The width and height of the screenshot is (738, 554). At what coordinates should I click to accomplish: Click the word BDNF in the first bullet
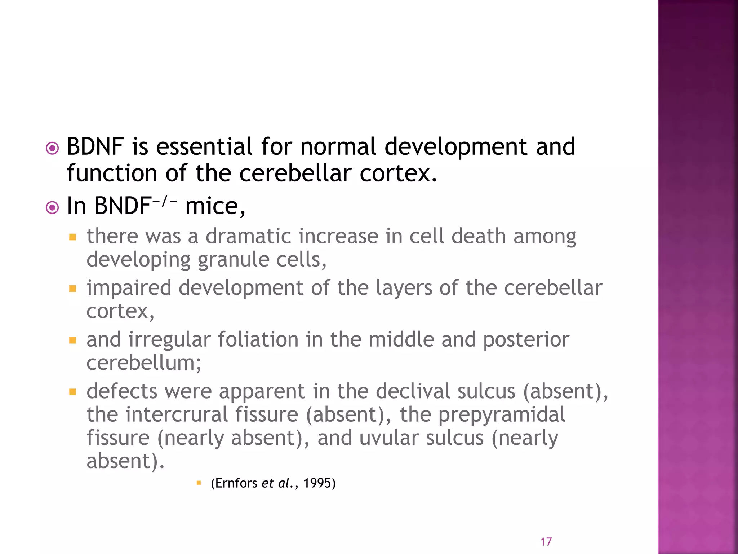coord(95,147)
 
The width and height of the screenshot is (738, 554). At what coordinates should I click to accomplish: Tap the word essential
coord(204,147)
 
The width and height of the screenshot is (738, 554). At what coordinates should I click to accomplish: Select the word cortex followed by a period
coord(399,173)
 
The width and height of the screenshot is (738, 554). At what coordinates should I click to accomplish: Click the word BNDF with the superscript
coord(123,206)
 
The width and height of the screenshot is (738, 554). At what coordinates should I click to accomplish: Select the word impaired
coord(129,288)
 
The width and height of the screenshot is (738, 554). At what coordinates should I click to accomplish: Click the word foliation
coord(258,340)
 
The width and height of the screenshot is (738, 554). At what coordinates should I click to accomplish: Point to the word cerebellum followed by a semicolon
coord(144,363)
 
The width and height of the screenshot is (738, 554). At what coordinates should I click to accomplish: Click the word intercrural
coord(177,414)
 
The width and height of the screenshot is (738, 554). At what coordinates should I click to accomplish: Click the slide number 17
coord(546,542)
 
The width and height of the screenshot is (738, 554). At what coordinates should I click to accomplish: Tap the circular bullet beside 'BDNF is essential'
coord(53,149)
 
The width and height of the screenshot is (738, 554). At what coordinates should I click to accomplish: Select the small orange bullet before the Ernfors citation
coord(199,483)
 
